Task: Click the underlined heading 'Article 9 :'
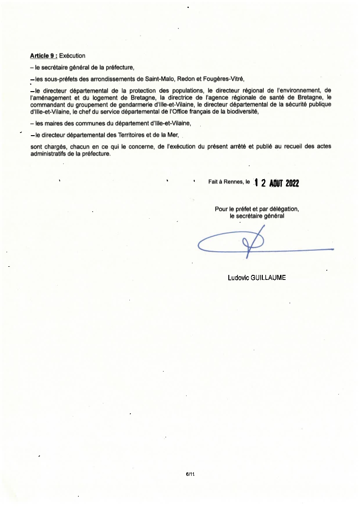[44, 56]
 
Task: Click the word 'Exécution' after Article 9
[72, 56]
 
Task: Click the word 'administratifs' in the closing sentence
[48, 154]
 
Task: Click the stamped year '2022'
[292, 183]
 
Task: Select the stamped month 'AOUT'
[276, 183]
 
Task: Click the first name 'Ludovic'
[238, 277]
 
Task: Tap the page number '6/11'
[190, 474]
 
